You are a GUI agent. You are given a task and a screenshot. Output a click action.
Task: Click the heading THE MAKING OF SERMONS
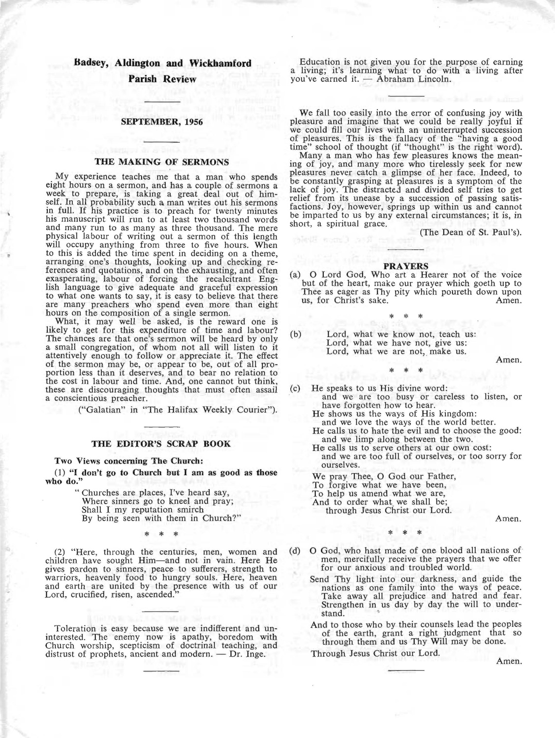[161, 161]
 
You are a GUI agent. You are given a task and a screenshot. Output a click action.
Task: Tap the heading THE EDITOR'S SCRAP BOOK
[162, 443]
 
